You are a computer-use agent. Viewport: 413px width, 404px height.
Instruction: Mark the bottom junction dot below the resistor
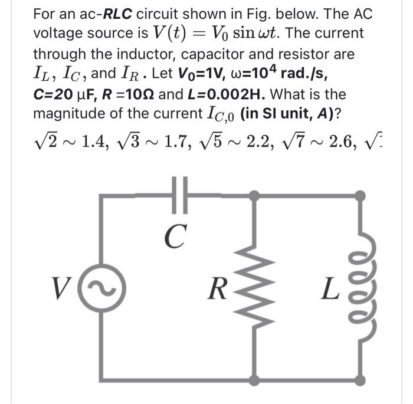point(255,375)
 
